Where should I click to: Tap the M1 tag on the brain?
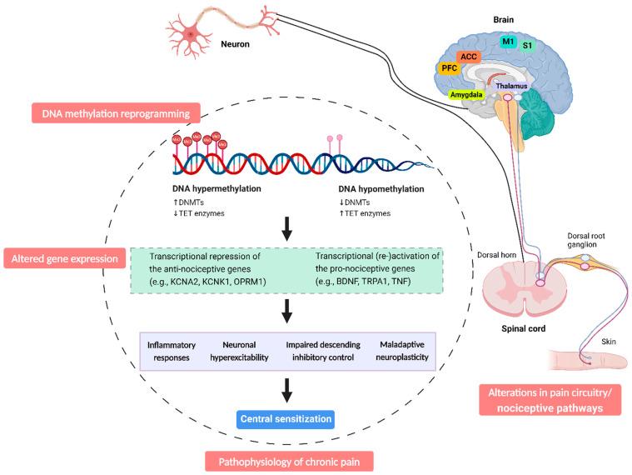click(x=507, y=41)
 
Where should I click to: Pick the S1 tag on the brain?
click(x=527, y=46)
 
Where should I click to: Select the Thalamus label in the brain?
click(x=513, y=86)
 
